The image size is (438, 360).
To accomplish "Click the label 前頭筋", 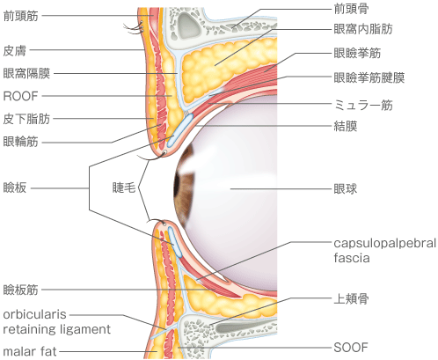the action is click(x=21, y=16).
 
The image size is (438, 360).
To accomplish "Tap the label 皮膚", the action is click(x=15, y=51).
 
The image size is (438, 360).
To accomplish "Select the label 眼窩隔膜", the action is click(x=26, y=73).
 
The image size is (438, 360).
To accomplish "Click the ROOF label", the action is click(x=20, y=96).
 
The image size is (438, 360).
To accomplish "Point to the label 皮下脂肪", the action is click(x=26, y=119).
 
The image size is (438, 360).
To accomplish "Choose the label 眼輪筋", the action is click(x=21, y=142).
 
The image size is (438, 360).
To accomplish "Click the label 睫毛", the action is click(x=124, y=187).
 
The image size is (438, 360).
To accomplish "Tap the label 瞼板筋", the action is click(x=21, y=290).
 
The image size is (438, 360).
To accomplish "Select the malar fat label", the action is click(x=30, y=351).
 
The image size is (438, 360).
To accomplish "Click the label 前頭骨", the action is click(x=351, y=9).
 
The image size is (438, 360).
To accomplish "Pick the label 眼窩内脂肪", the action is click(x=363, y=29).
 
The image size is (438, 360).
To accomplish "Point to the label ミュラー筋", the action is click(x=363, y=105).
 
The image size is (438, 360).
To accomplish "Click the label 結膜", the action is click(x=346, y=126).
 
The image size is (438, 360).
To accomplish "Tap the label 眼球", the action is click(x=346, y=189).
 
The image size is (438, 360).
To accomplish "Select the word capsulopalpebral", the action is click(x=385, y=244).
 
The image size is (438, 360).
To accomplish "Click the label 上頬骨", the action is click(x=351, y=299).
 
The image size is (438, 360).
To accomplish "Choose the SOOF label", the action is click(x=351, y=348).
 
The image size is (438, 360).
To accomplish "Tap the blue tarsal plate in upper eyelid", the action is click(x=180, y=130).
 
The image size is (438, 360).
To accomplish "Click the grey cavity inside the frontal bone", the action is click(x=186, y=25).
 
